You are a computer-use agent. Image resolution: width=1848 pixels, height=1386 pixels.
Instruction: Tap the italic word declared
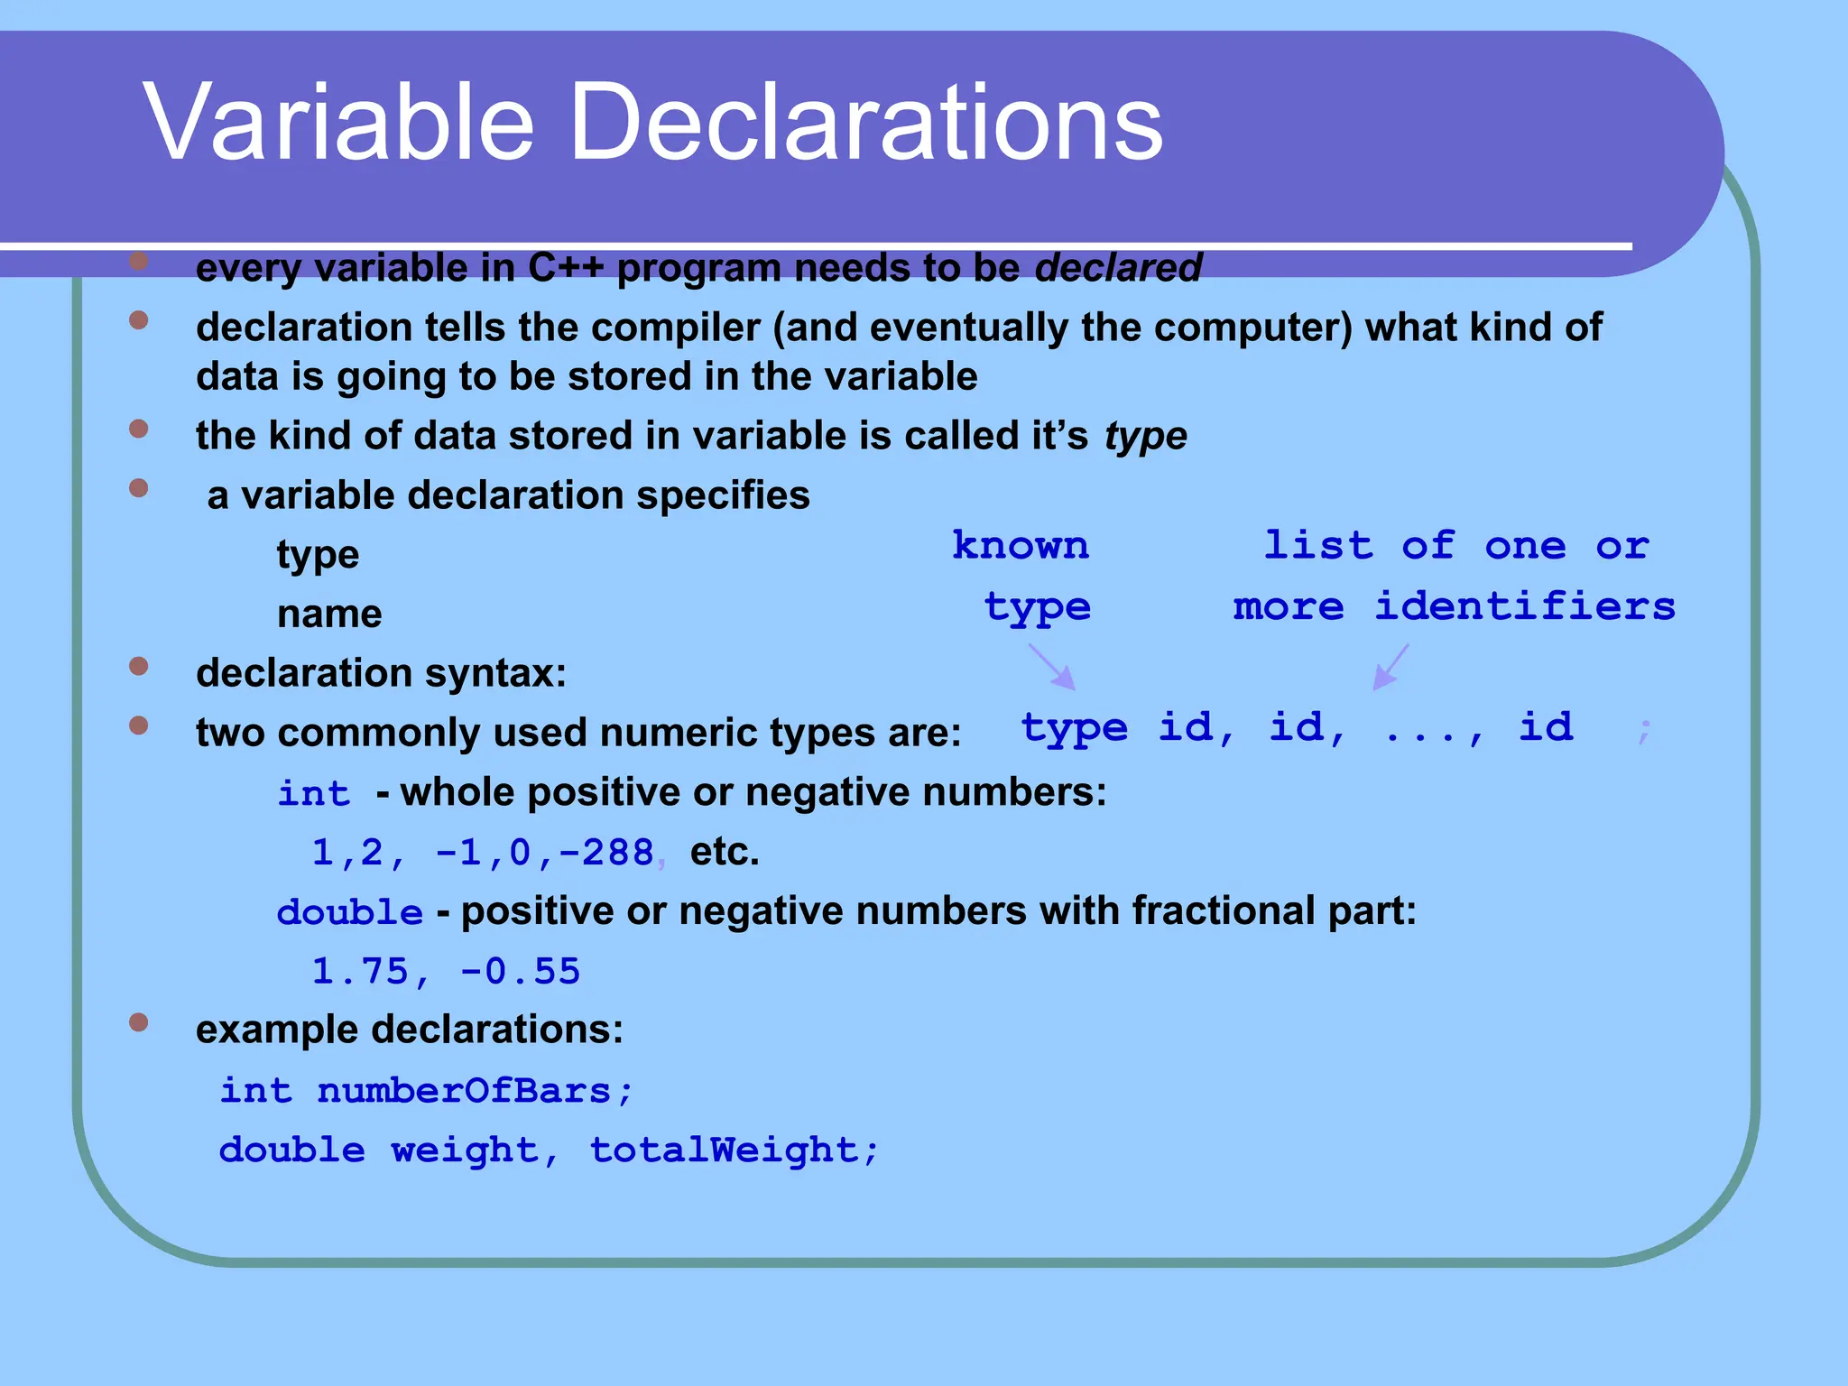[1118, 268]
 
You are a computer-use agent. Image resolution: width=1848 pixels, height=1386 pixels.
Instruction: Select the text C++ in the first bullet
[565, 268]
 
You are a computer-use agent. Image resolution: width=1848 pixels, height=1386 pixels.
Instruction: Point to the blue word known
[1021, 546]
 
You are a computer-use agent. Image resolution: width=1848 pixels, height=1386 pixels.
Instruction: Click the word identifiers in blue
[1524, 605]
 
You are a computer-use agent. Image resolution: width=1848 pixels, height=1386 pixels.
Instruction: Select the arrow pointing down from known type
[1052, 668]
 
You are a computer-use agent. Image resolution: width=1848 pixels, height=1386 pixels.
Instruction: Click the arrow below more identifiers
[1391, 668]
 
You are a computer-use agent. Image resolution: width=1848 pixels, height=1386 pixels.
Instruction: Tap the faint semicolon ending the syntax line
[1645, 729]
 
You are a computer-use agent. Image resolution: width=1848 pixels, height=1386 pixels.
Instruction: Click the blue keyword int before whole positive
[313, 793]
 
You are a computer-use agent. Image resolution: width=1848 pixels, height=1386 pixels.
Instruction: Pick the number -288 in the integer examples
[606, 853]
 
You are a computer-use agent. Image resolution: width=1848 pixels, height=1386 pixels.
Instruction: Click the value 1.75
[360, 972]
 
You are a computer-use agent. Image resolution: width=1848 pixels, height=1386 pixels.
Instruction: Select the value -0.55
[520, 972]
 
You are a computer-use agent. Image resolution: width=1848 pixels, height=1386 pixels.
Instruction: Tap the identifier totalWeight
[725, 1150]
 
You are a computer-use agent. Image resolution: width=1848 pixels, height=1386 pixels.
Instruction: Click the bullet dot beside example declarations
[138, 1022]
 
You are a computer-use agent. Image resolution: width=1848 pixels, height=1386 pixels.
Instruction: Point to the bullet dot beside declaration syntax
[138, 666]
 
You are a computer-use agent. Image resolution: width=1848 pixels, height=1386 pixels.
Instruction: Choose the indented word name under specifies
[329, 614]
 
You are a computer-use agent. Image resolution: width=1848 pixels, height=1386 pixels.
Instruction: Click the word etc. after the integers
[725, 852]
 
